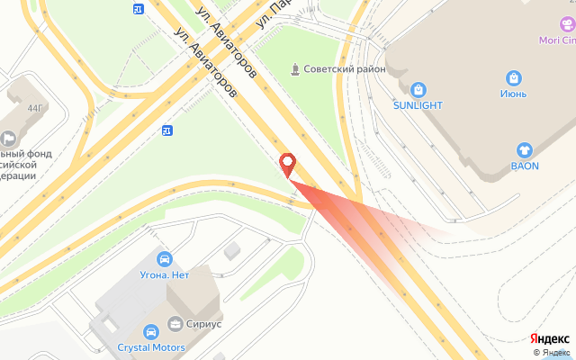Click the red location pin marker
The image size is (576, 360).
pos(288,163)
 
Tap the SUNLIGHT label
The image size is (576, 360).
pos(418,105)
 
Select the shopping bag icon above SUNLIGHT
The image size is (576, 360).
pos(418,89)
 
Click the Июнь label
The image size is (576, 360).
pos(513,94)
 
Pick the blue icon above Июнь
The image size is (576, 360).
pos(513,77)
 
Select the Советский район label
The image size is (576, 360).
pos(345,69)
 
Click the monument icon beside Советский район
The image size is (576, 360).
pos(294,69)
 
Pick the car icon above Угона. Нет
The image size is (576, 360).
pos(164,259)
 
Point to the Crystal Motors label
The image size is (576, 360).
pos(151,347)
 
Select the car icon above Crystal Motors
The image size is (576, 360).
pos(151,330)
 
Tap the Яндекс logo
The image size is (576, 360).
pos(549,338)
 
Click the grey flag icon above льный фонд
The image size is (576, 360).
pos(9,138)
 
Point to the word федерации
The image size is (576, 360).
pos(18,175)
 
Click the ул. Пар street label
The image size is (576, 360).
pos(275,13)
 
